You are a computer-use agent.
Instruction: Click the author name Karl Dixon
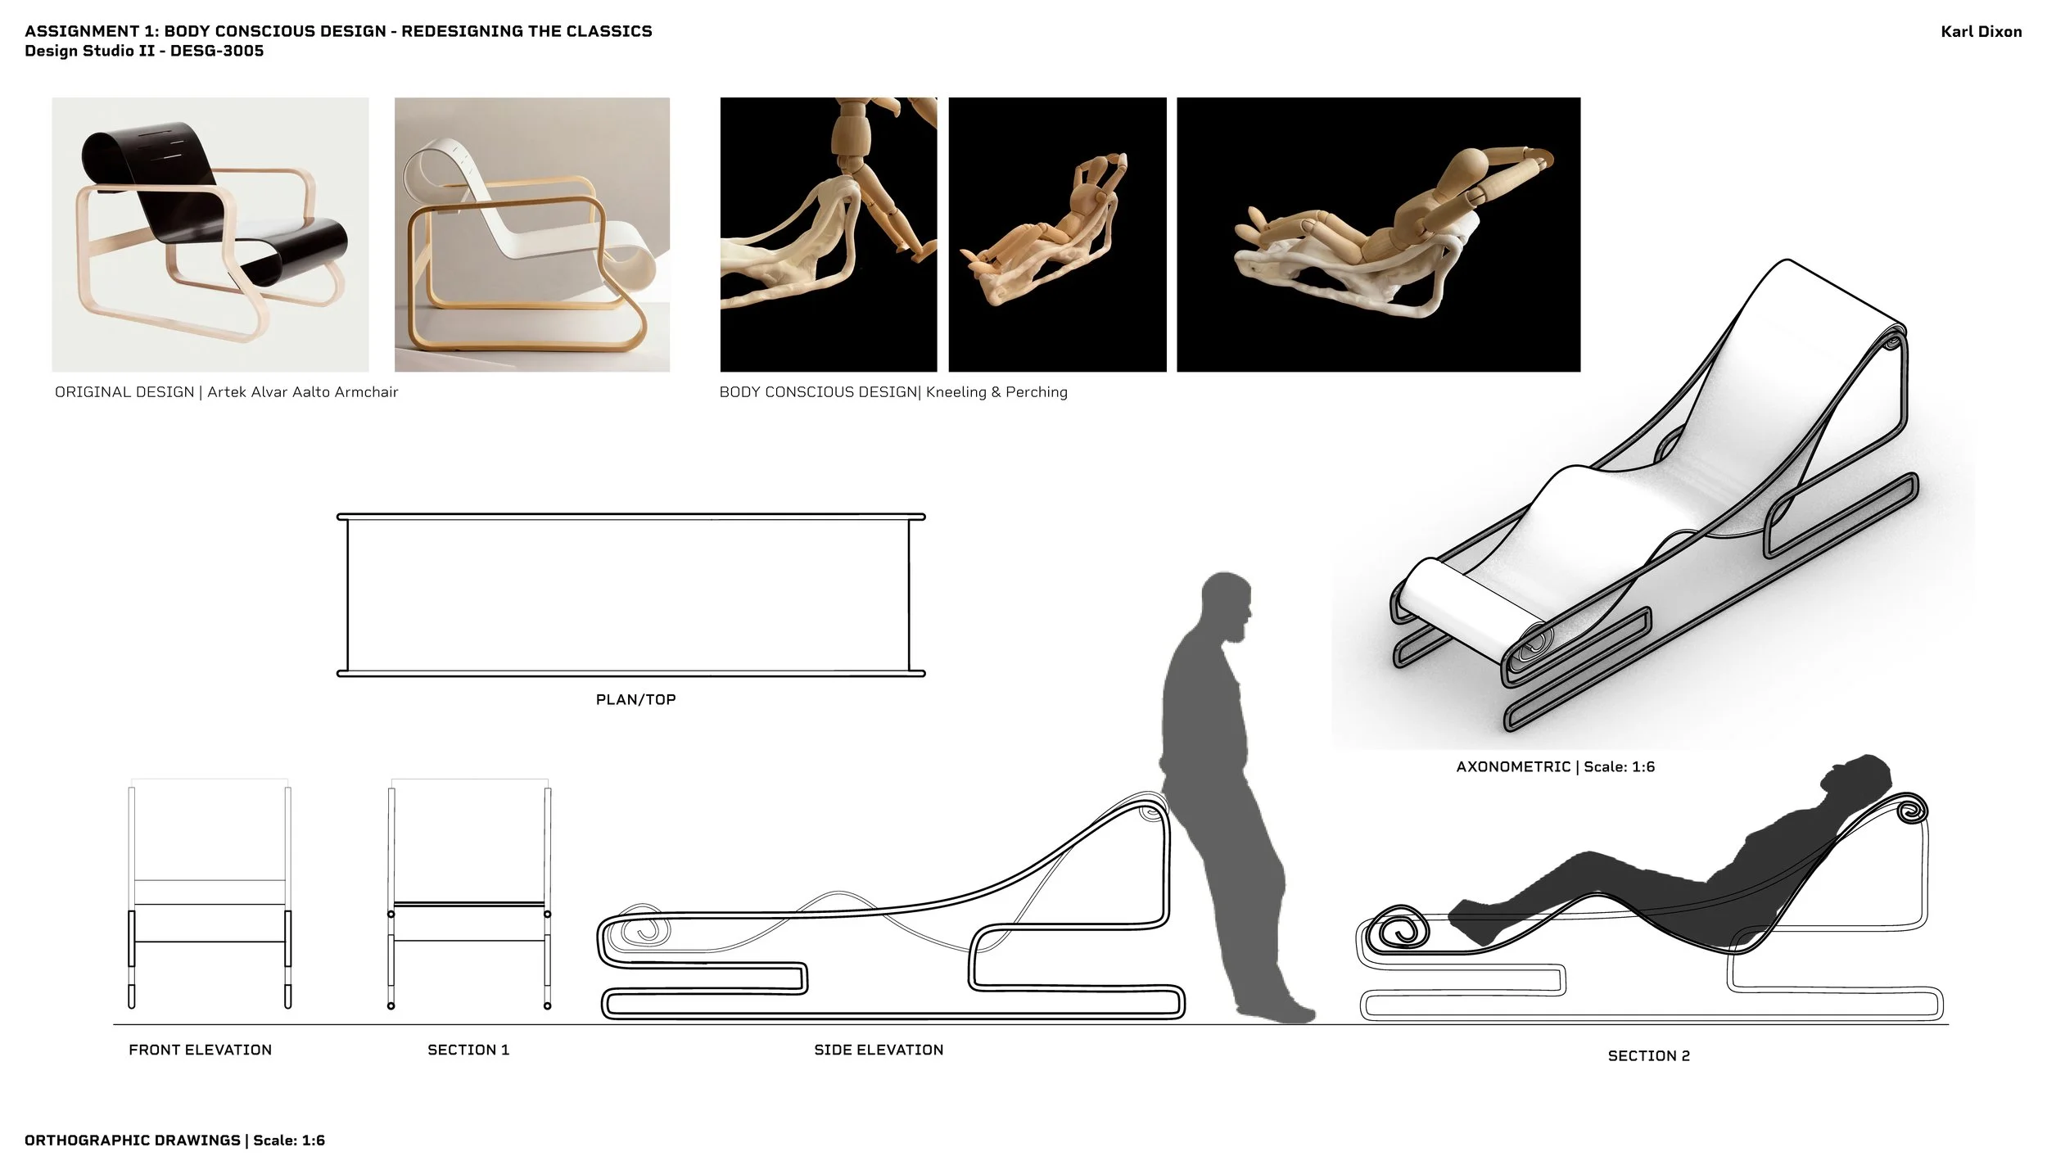(x=1981, y=32)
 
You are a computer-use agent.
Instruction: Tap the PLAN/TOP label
(x=635, y=699)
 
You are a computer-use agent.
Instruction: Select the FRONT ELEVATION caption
(x=200, y=1050)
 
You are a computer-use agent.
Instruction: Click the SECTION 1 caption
(x=468, y=1050)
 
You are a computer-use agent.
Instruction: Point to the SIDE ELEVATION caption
(x=879, y=1050)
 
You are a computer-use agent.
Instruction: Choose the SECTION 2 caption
(x=1648, y=1055)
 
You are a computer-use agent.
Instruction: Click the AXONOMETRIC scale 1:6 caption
(x=1555, y=766)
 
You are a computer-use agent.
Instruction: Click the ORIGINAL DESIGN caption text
(x=226, y=392)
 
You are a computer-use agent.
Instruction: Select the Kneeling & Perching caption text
(x=996, y=392)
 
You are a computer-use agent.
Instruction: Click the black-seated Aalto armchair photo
(x=210, y=234)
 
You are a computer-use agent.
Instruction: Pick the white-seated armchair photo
(x=531, y=234)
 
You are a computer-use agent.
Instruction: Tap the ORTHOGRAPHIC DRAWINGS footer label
(x=133, y=1141)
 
